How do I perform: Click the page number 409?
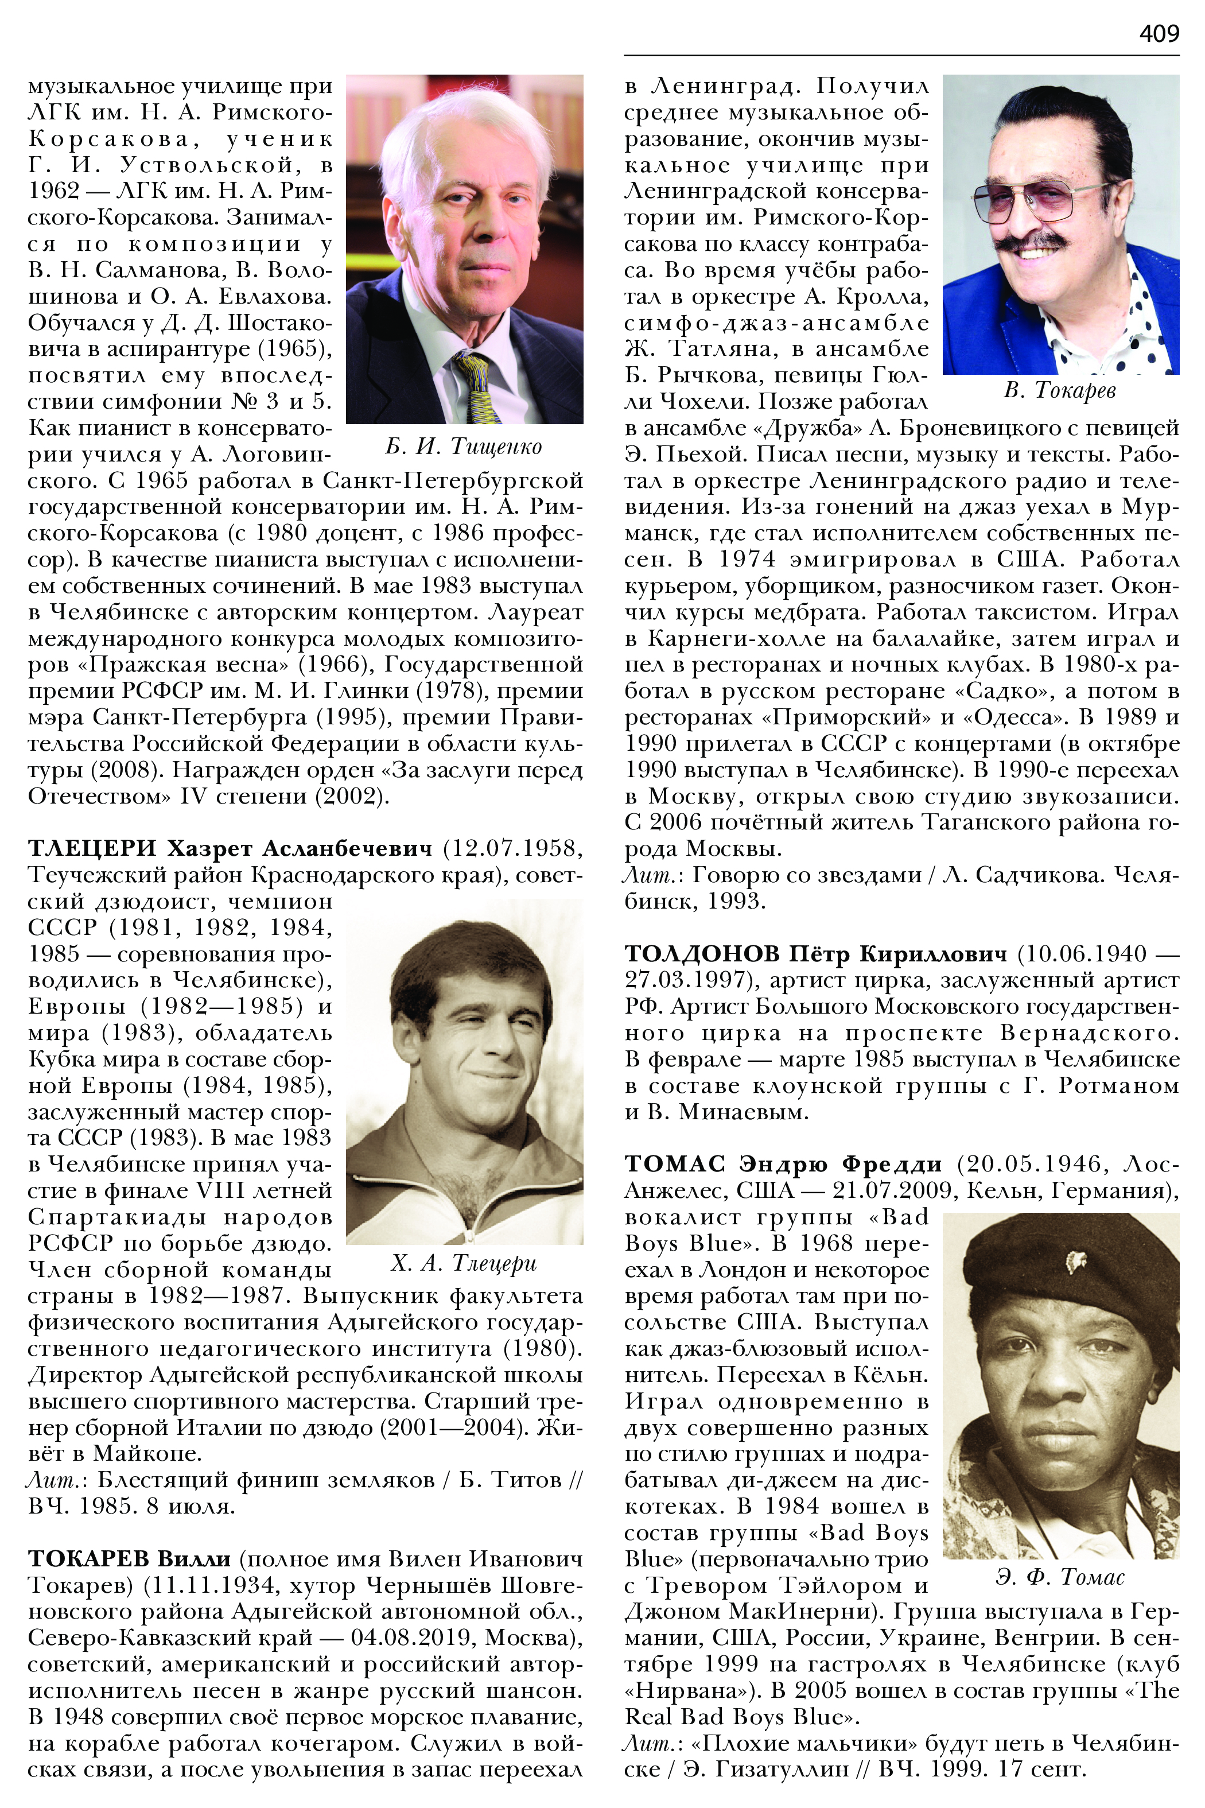click(x=1158, y=33)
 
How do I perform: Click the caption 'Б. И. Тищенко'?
click(x=464, y=447)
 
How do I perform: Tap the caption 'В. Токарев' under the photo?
click(x=1060, y=390)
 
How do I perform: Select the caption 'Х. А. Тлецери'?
click(x=464, y=1263)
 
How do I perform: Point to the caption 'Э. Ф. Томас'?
click(x=1060, y=1577)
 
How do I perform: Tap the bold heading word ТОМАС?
click(x=674, y=1164)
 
